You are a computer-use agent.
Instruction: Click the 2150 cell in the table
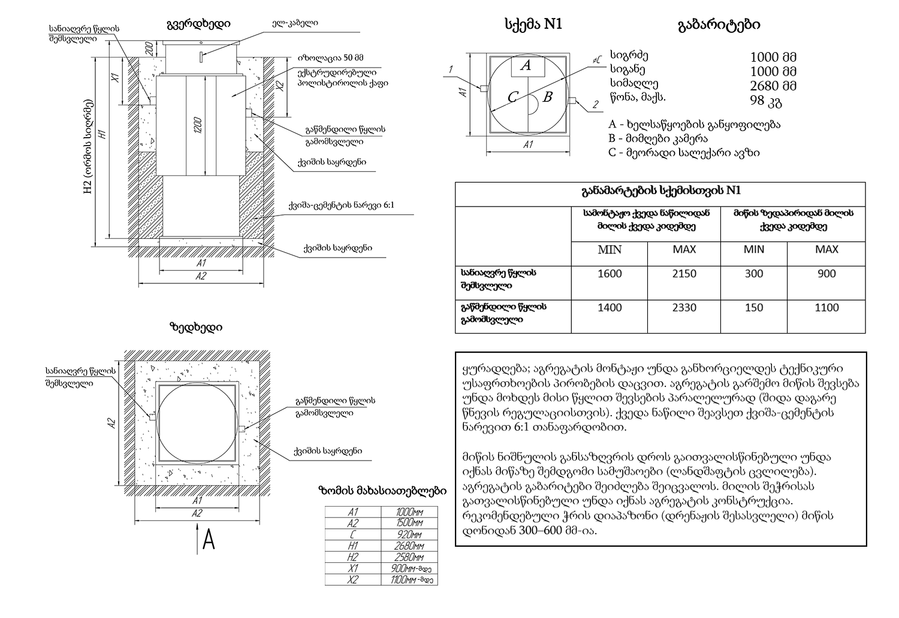pyautogui.click(x=684, y=274)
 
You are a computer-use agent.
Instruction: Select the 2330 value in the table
pyautogui.click(x=684, y=308)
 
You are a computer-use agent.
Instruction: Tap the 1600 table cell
pyautogui.click(x=610, y=274)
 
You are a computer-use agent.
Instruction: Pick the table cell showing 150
pyautogui.click(x=753, y=308)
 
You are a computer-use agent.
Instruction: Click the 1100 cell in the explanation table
pyautogui.click(x=826, y=308)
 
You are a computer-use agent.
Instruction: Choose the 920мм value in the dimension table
pyautogui.click(x=409, y=534)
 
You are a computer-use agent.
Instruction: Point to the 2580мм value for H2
pyautogui.click(x=409, y=557)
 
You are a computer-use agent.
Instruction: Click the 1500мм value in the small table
pyautogui.click(x=409, y=523)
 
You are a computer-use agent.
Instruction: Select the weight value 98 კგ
pyautogui.click(x=766, y=101)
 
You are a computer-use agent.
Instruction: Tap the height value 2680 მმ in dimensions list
pyautogui.click(x=773, y=86)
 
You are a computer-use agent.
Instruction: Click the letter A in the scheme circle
pyautogui.click(x=526, y=66)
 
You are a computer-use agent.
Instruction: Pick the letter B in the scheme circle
pyautogui.click(x=547, y=97)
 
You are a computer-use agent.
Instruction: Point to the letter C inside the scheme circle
pyautogui.click(x=512, y=97)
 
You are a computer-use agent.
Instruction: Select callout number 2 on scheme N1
pyautogui.click(x=596, y=105)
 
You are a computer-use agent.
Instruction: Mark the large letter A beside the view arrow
pyautogui.click(x=209, y=540)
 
